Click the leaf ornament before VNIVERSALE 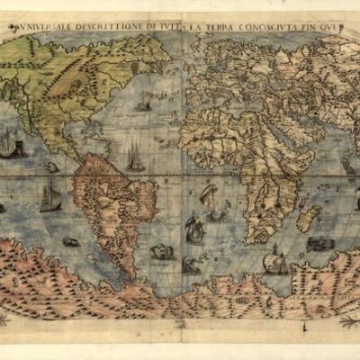(x=15, y=27)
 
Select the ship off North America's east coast (x=143, y=104)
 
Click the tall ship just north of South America (x=135, y=160)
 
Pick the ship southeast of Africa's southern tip (x=275, y=260)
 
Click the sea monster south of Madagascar (x=320, y=244)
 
